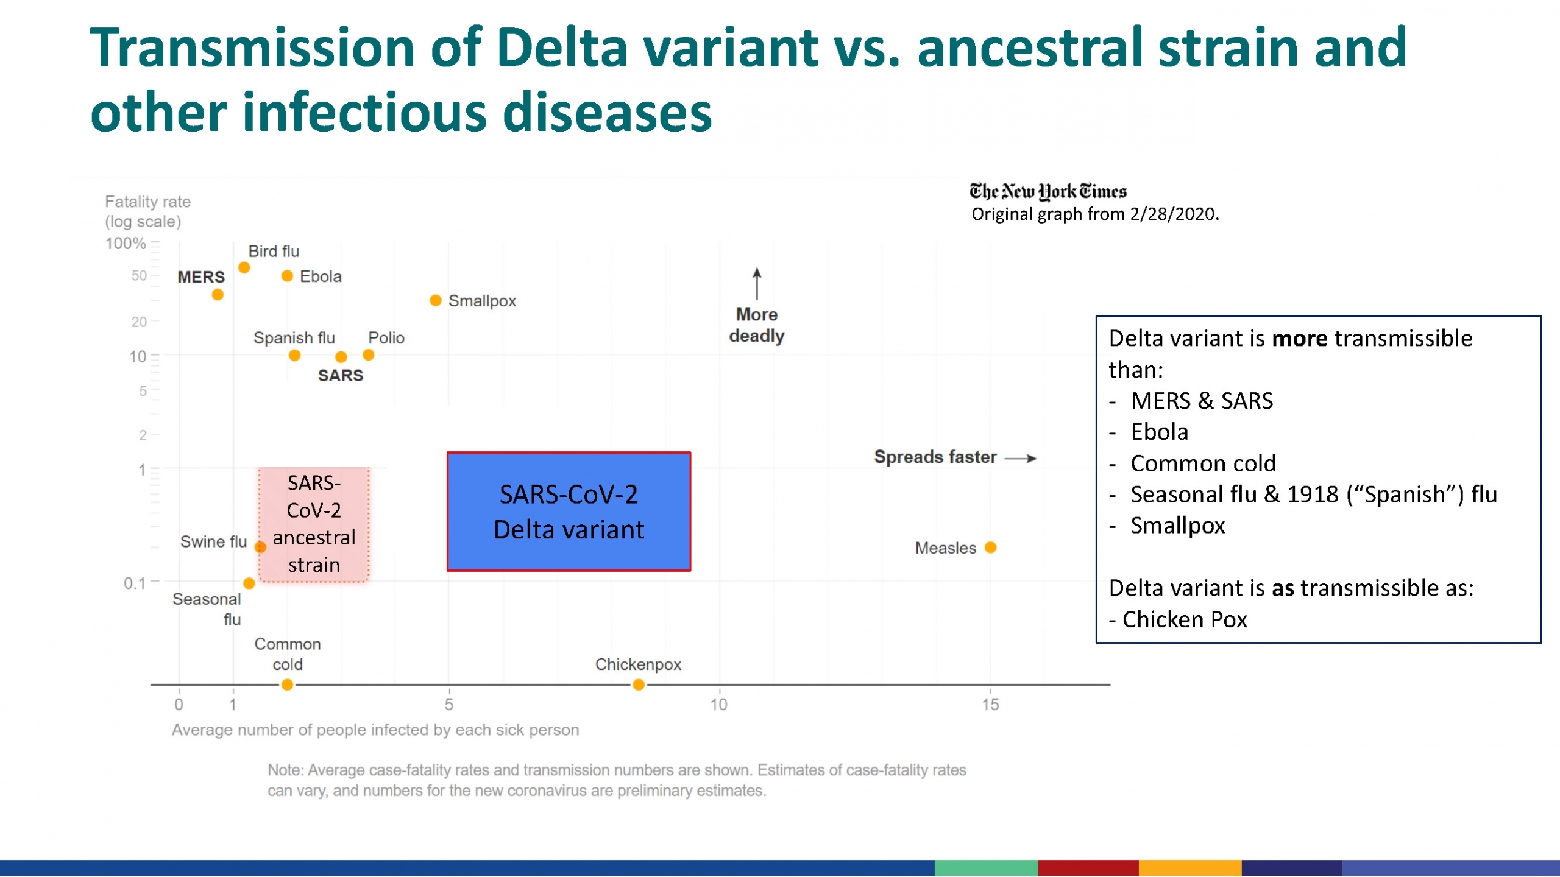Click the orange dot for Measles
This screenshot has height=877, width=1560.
[990, 548]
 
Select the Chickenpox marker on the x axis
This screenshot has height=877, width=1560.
[638, 685]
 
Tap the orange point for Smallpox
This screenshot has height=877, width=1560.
[435, 300]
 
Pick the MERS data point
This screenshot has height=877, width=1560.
[218, 295]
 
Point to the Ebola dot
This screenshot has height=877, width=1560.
[287, 276]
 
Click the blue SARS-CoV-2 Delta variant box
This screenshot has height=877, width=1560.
[569, 512]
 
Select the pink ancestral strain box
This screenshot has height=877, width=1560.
[314, 524]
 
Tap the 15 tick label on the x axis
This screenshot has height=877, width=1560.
[990, 705]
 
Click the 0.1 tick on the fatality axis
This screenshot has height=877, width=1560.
[135, 583]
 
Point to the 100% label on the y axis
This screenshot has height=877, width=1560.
[126, 244]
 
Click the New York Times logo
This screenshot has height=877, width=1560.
[1048, 191]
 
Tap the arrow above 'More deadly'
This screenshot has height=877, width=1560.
[756, 283]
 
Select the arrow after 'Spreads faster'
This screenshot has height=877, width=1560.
[1021, 458]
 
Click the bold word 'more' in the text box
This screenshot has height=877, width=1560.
[1299, 338]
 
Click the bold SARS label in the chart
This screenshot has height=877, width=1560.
[340, 375]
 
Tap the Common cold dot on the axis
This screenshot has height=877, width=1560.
[287, 685]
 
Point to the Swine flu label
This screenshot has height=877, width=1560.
[213, 541]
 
